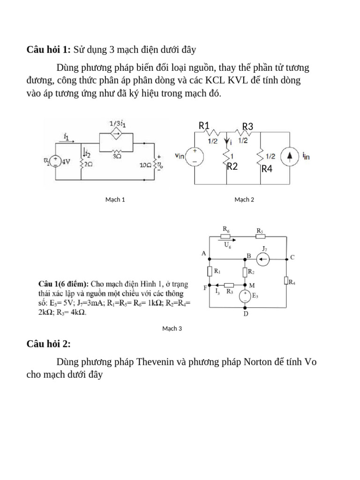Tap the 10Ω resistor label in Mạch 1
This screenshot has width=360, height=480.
pos(146,165)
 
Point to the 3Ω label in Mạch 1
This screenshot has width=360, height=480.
pos(117,157)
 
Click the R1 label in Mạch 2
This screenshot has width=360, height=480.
pos(204,126)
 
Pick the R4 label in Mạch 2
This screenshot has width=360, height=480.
pos(267,169)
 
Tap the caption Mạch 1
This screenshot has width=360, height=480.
pos(115,200)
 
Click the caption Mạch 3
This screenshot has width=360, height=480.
pos(172,329)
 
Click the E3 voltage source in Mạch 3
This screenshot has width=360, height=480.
pos(245,296)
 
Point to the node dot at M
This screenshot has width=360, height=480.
pos(245,285)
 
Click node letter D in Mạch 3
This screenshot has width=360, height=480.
pos(246,314)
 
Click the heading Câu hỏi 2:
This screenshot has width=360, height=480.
pos(49,345)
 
